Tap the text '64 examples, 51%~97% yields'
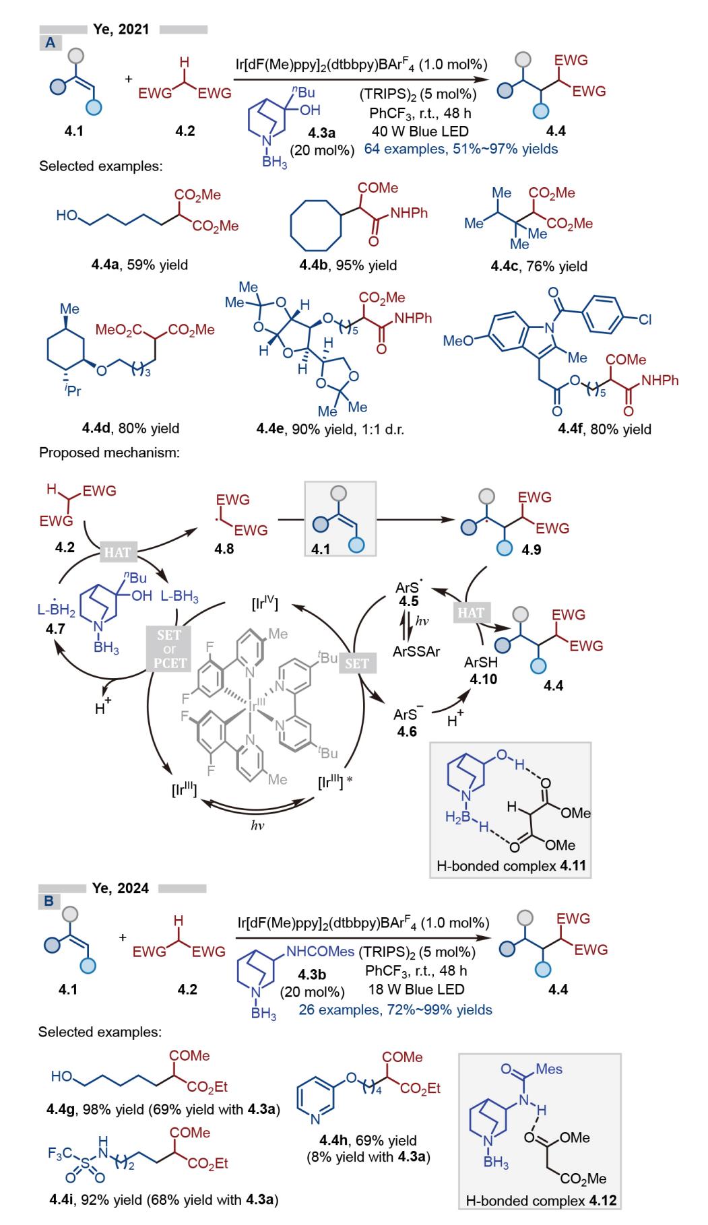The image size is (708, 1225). tap(461, 149)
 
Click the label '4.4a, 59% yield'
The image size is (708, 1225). tap(139, 265)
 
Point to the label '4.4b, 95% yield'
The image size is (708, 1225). tap(348, 265)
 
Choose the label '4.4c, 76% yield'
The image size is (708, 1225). tap(539, 266)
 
